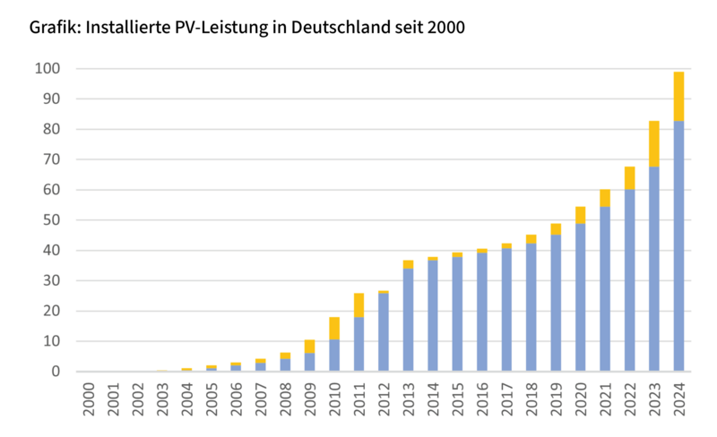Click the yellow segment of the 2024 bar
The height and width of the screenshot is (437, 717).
678,96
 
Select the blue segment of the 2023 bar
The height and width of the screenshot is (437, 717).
654,269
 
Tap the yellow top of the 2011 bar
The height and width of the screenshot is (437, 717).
359,304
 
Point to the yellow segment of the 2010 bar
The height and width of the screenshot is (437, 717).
334,328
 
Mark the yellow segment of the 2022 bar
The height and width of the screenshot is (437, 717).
630,177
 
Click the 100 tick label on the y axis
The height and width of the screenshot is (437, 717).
48,69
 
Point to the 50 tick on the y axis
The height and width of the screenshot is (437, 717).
51,220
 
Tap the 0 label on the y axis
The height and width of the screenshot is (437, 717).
55,372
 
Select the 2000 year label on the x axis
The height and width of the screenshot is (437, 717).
89,399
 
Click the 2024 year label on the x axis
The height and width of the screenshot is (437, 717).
678,399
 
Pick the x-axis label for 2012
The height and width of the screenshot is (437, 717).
384,399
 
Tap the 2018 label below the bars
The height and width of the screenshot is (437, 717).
531,399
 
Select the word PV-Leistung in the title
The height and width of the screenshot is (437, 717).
220,28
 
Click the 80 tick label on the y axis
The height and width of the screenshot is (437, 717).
51,130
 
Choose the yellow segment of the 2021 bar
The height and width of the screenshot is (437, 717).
605,198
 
